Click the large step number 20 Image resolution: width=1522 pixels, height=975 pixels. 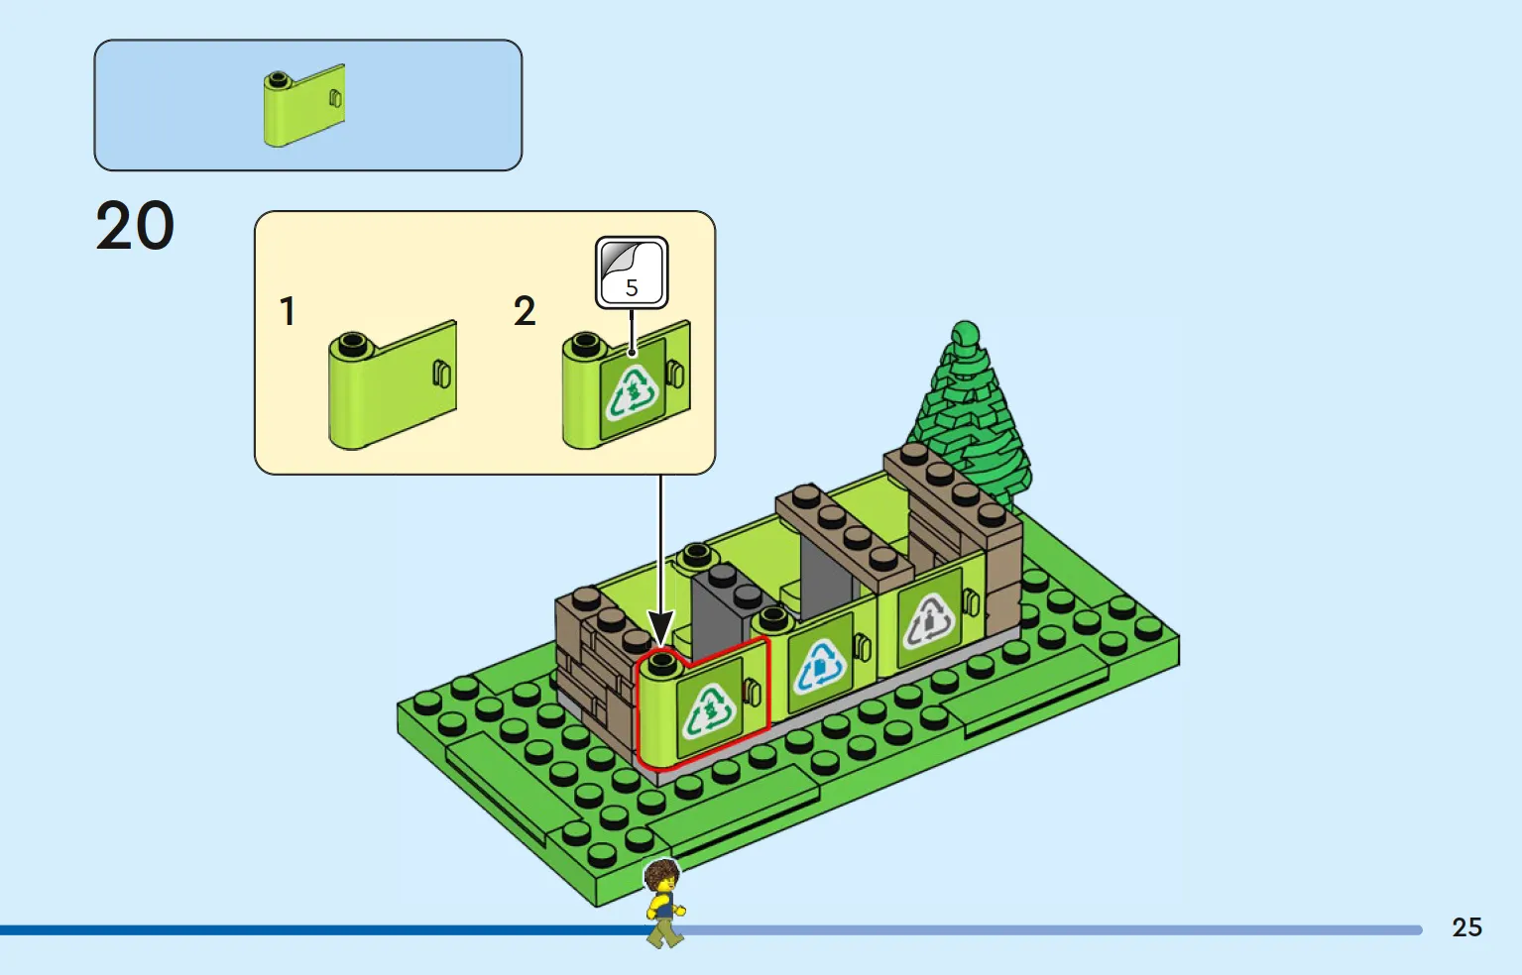135,225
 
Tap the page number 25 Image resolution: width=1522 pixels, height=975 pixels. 1466,927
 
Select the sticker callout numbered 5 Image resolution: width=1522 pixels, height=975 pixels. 632,272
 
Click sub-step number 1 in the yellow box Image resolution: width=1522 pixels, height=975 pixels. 289,312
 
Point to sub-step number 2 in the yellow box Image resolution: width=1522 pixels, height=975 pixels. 525,312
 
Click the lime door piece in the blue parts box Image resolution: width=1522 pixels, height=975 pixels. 304,105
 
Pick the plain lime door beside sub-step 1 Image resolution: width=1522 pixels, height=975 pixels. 393,384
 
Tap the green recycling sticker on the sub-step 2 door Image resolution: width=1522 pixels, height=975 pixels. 633,390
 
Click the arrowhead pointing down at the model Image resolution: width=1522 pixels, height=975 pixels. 660,629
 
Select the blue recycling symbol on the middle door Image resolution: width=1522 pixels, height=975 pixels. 821,666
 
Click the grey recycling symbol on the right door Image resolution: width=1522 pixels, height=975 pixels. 929,620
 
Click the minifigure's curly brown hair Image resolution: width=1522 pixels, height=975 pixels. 662,875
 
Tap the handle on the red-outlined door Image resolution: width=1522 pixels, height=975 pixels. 753,692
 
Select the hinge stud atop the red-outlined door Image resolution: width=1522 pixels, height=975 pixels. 662,663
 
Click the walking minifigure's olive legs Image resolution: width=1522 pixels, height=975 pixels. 664,931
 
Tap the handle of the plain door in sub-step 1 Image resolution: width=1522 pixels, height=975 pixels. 441,375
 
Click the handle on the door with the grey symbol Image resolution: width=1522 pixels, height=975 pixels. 972,601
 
